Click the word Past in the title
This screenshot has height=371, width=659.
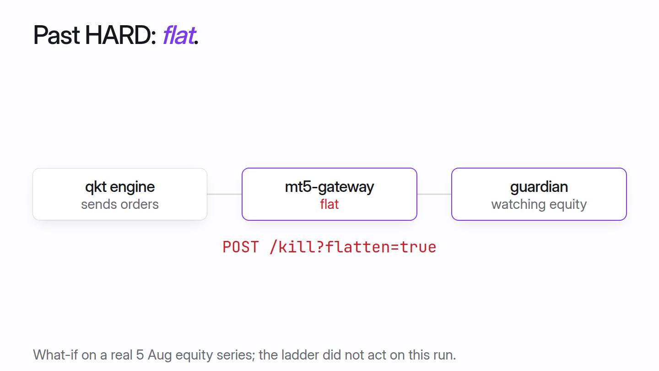56,35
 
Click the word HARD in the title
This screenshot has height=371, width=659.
120,35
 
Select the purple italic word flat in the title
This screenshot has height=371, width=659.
179,35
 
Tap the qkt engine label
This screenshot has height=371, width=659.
120,187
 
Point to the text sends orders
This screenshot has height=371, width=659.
120,204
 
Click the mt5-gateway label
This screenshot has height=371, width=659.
329,187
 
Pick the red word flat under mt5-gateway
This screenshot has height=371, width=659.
329,204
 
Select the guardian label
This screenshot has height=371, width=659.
539,187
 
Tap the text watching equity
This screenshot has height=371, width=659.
539,204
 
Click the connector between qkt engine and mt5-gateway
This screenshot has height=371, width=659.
224,194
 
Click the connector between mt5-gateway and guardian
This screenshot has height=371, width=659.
434,194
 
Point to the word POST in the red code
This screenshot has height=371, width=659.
241,247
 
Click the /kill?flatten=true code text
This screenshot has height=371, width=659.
353,247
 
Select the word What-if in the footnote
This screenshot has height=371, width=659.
55,355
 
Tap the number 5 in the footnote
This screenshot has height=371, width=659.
140,355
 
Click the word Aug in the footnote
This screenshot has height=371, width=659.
159,355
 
